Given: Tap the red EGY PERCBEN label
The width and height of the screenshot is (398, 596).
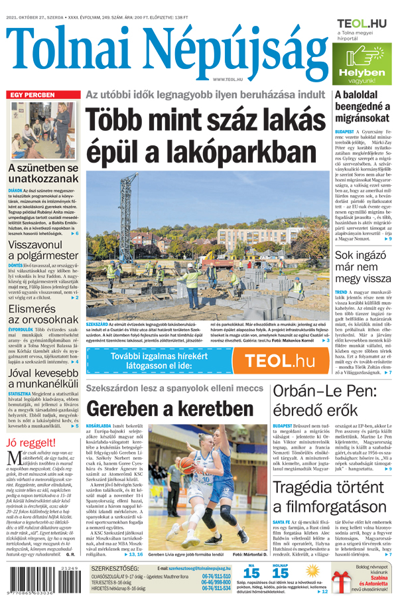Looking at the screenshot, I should [32, 96].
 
